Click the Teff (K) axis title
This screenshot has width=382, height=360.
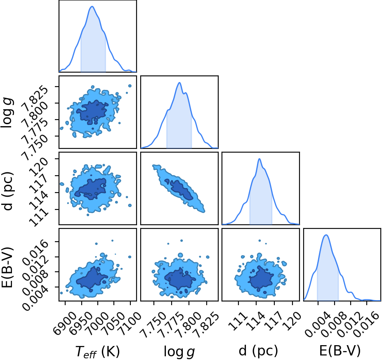97,351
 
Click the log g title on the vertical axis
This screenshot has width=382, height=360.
7,112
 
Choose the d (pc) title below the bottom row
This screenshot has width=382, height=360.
258,351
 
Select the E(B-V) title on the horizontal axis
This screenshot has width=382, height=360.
340,351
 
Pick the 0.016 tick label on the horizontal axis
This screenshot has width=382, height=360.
366,322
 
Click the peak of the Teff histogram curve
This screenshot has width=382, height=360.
92,6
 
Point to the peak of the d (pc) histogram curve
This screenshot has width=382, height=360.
259,159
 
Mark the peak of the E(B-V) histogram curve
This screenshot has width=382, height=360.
326,235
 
